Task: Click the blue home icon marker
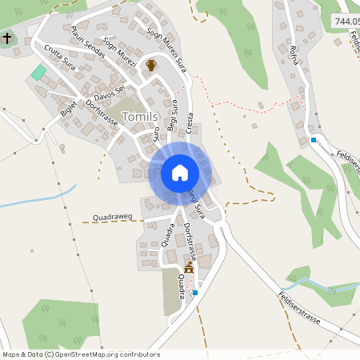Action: [180, 172]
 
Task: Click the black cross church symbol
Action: [7, 38]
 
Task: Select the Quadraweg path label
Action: [112, 216]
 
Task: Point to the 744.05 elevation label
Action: [346, 22]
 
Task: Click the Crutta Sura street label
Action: [60, 58]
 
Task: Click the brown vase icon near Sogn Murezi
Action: [150, 66]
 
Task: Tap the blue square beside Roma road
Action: [314, 140]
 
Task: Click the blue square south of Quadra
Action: [195, 293]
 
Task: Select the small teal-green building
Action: [38, 72]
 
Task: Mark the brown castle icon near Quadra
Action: [190, 268]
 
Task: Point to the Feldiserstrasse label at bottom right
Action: [299, 307]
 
